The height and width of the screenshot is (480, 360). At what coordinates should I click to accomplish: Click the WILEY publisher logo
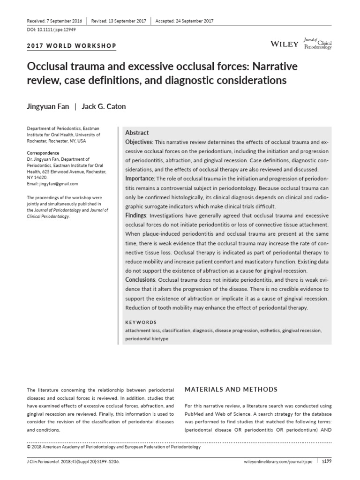point(285,44)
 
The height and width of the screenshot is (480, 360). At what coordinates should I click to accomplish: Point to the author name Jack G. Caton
point(104,106)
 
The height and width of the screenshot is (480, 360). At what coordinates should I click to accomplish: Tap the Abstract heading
point(137,133)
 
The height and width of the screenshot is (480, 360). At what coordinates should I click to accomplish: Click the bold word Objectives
point(139,142)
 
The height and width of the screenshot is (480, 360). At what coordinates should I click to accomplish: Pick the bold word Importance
point(140,179)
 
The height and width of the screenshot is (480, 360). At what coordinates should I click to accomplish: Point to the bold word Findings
point(136,215)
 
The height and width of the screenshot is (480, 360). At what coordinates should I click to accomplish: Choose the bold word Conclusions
point(141,280)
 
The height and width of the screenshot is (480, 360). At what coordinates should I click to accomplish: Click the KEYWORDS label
point(141,322)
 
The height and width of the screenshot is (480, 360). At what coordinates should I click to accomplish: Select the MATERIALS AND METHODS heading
point(232,390)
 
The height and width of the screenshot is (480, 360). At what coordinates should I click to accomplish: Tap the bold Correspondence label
point(43,153)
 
